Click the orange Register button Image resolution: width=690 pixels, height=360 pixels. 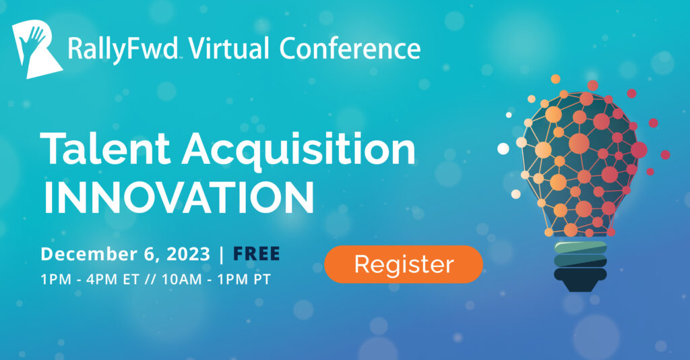(404, 264)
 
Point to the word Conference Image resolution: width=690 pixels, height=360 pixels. (350, 49)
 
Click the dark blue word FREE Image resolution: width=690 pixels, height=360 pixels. (256, 254)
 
